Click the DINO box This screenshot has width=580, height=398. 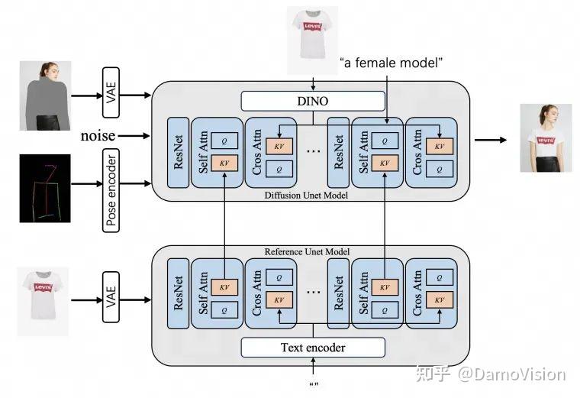[313, 100]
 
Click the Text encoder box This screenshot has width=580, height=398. [313, 348]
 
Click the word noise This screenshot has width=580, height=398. [98, 136]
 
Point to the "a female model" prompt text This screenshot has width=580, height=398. [391, 62]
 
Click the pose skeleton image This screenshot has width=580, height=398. [45, 188]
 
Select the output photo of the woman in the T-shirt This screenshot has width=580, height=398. [545, 138]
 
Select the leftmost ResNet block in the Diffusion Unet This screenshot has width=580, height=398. [177, 150]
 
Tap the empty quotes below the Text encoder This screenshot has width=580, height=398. [314, 384]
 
